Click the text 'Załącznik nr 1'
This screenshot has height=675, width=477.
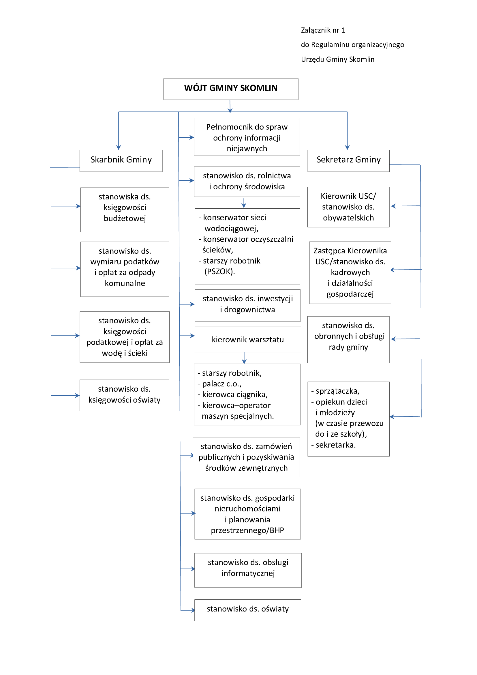point(323,30)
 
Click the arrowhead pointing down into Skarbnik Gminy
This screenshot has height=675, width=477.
point(119,147)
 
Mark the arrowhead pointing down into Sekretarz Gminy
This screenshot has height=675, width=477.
point(347,147)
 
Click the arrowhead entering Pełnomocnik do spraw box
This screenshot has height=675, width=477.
point(191,137)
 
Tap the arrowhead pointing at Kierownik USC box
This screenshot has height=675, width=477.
point(394,206)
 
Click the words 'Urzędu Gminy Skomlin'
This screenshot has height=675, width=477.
point(338,59)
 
